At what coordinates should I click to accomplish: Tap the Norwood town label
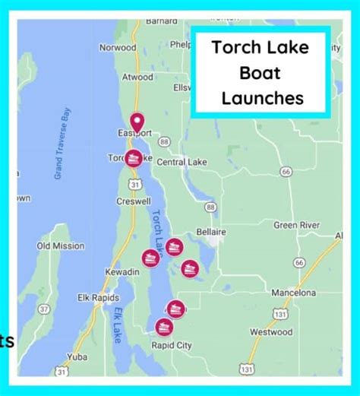coord(118,47)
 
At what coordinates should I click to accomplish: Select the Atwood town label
coord(137,77)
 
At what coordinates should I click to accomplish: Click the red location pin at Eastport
coord(137,121)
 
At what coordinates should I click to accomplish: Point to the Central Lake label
coord(182,162)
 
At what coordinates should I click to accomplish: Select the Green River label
coord(296,225)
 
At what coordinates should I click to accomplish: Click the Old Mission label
coord(60,246)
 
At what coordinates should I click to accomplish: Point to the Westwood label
coord(271,332)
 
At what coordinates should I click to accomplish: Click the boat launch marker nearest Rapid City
coord(163,327)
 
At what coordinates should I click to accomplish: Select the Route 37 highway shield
coord(45,308)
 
